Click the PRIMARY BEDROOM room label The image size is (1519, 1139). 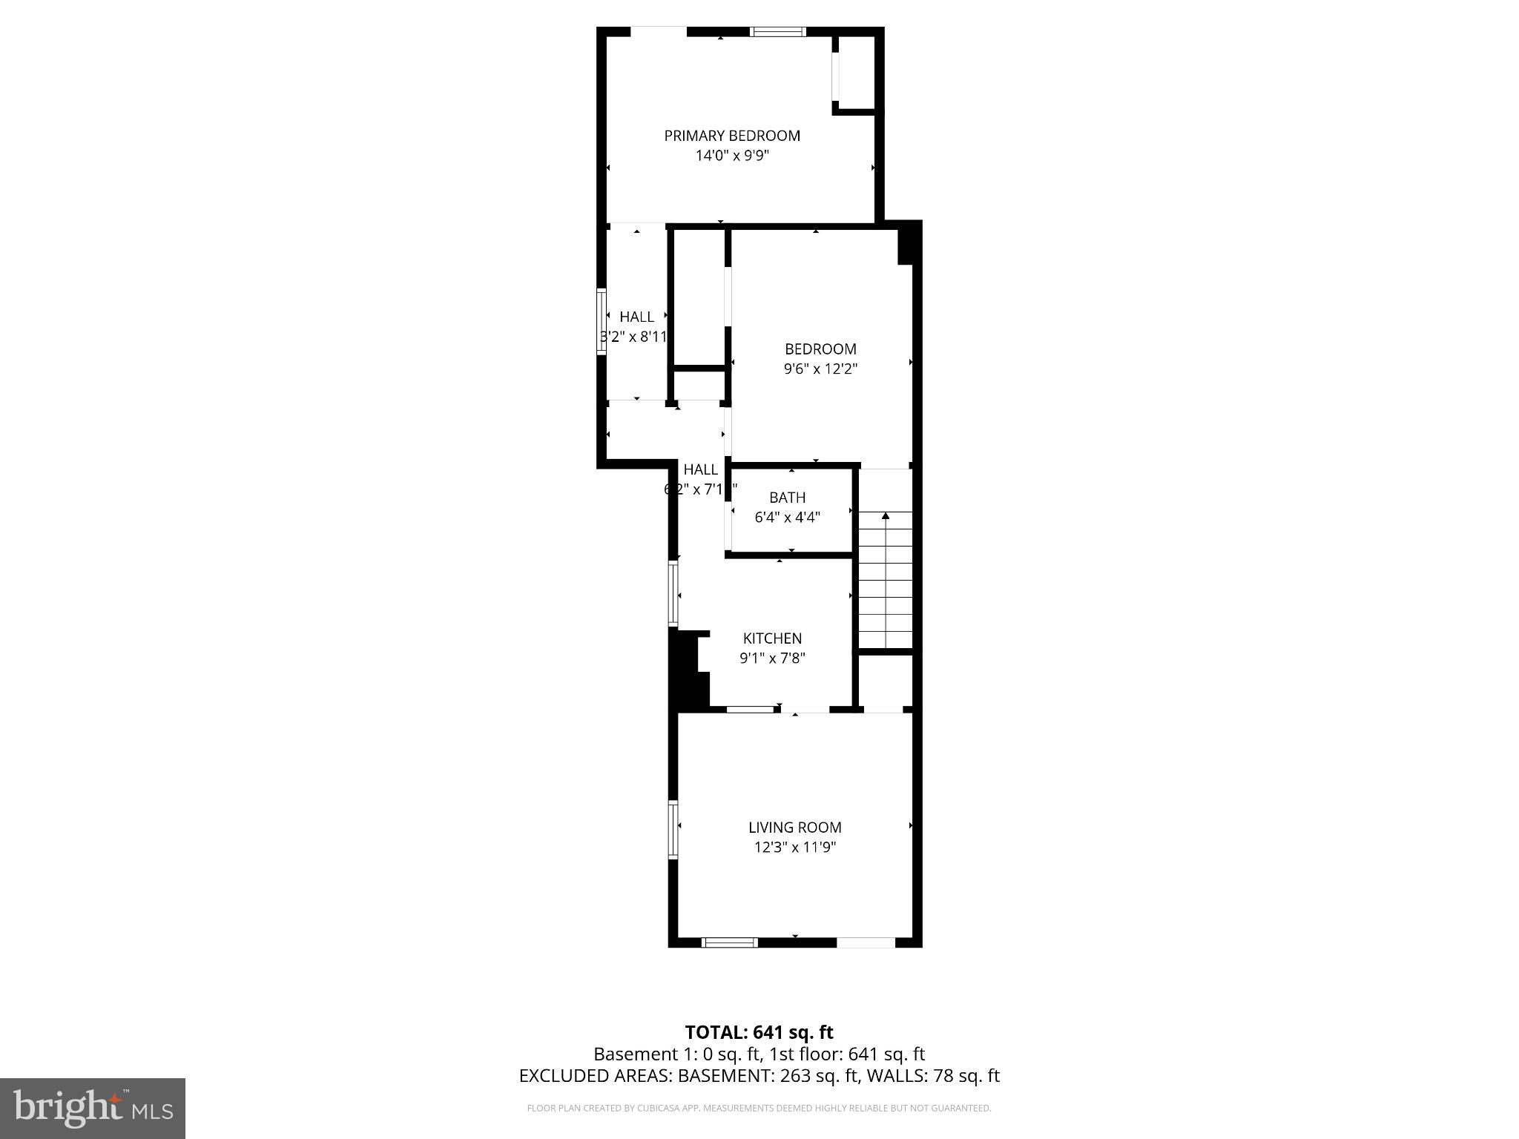(x=731, y=136)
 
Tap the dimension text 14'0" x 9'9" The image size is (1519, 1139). (x=731, y=156)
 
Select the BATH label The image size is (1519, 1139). (x=787, y=498)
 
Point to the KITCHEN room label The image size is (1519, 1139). (x=772, y=638)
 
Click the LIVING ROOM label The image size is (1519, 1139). (x=794, y=828)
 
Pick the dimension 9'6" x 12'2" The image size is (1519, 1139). (x=820, y=369)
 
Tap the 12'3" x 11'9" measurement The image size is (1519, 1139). (x=794, y=848)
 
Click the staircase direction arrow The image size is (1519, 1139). (x=885, y=515)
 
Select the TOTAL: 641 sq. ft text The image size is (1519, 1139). (x=759, y=1032)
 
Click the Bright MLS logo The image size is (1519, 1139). (x=93, y=1109)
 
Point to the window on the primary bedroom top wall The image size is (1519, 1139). (x=777, y=32)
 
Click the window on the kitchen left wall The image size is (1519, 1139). (x=673, y=593)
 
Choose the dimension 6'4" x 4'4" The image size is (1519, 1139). (x=787, y=518)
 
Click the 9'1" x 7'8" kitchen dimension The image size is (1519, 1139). (x=772, y=658)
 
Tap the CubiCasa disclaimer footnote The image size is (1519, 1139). (x=759, y=1109)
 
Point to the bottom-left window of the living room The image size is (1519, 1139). (x=729, y=942)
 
